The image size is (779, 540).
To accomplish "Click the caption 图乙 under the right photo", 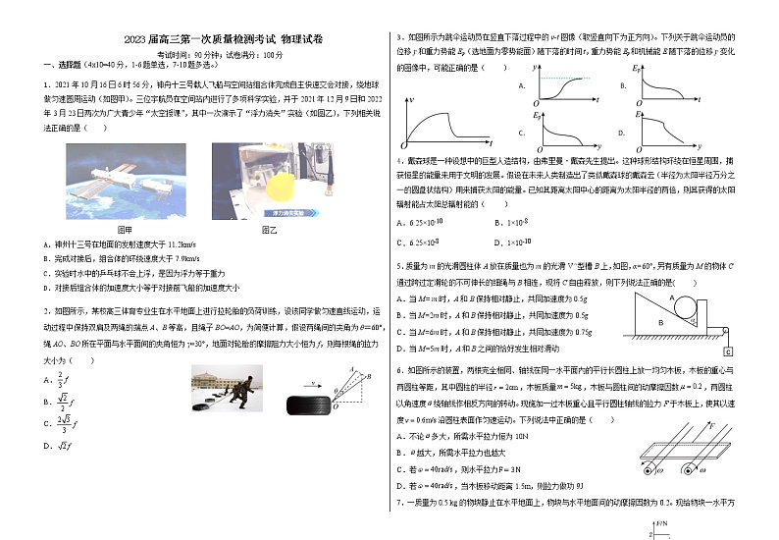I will click(268, 229).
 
